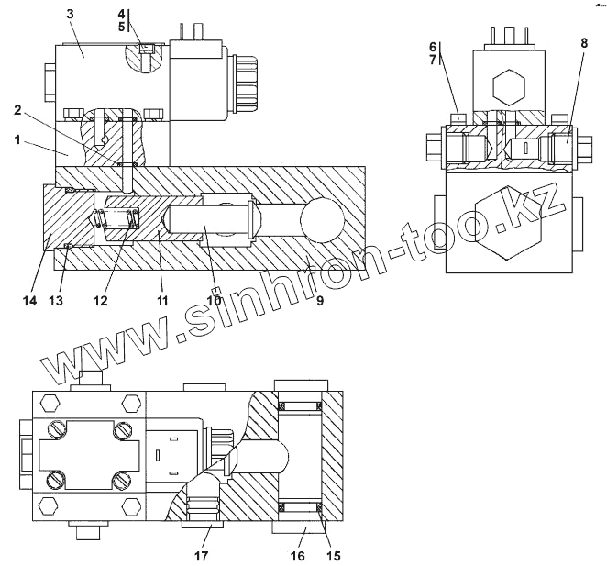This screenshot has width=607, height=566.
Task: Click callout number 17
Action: [202, 556]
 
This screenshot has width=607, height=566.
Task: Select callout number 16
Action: [296, 556]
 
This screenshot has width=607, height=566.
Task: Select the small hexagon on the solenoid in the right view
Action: [507, 89]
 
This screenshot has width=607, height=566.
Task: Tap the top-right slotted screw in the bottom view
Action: [124, 428]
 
